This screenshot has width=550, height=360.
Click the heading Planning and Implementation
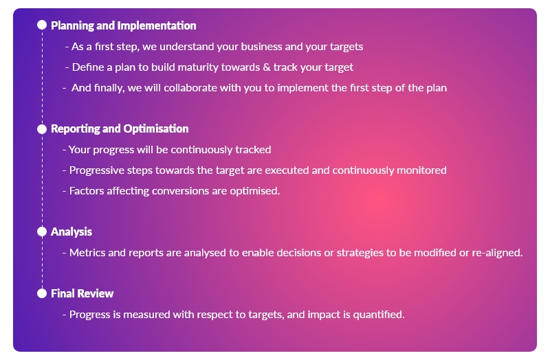124,25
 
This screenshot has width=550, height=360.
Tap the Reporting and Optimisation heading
120,128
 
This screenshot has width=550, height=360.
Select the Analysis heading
71,232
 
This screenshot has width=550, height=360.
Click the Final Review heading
82,293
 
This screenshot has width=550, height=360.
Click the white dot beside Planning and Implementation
42,25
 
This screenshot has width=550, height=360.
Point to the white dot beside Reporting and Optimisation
42,129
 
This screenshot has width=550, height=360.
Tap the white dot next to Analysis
42,232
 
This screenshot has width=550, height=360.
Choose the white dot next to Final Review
42,293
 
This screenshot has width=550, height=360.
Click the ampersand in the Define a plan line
267,67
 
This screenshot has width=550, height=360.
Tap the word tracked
253,150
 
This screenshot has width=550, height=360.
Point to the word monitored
421,170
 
